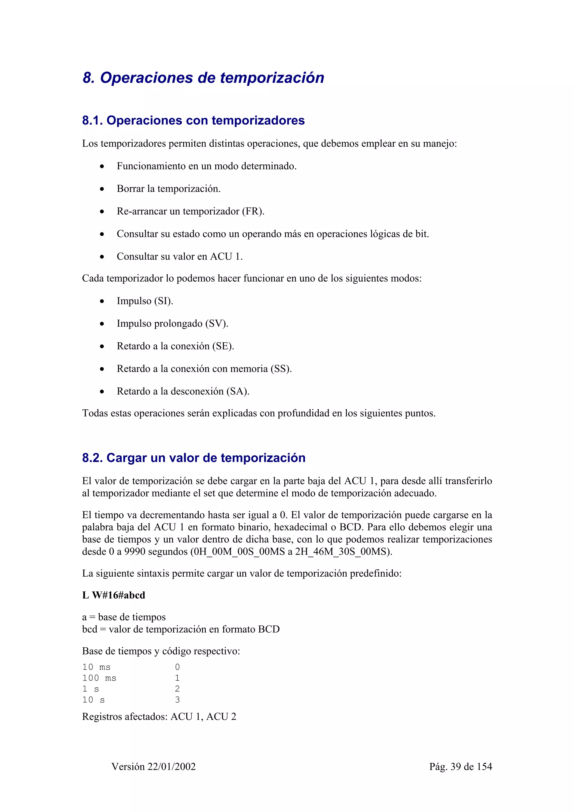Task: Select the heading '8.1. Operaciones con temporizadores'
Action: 193,120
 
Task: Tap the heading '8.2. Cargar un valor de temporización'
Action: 193,458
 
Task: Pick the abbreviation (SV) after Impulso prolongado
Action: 216,324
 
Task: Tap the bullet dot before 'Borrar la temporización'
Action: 102,189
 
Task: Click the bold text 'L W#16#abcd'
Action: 114,595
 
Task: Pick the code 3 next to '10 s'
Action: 177,700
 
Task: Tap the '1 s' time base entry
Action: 91,689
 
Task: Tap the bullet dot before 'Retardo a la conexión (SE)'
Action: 102,347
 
